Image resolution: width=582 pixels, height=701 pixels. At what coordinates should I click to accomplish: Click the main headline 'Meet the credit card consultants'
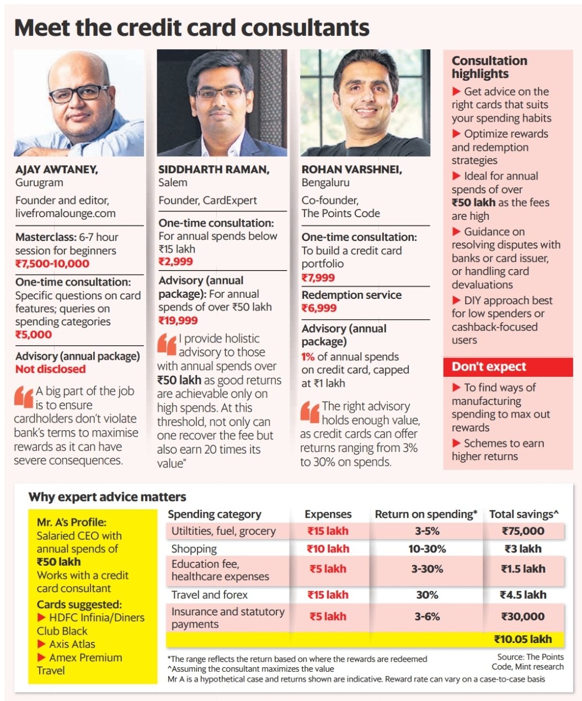click(191, 28)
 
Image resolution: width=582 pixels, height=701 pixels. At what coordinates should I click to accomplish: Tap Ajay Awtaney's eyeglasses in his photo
click(78, 93)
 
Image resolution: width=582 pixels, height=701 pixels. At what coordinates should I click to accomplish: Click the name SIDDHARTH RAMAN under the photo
click(213, 169)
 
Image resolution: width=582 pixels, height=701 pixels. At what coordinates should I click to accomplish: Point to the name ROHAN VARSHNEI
click(351, 169)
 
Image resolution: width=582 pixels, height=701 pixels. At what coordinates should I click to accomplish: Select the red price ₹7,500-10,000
click(52, 263)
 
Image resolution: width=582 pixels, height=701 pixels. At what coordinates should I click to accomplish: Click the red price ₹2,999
click(175, 262)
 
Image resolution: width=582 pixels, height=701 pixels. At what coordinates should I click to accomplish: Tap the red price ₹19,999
click(178, 320)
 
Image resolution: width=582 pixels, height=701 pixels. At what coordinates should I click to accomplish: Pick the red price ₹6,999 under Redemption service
click(319, 308)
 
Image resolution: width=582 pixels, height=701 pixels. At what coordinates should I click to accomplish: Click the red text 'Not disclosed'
click(50, 369)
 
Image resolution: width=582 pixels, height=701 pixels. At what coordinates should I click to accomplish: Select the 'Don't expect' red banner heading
click(489, 367)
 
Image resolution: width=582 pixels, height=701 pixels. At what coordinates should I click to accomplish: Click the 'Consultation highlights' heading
click(489, 67)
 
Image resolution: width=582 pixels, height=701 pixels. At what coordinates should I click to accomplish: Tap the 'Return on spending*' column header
click(426, 514)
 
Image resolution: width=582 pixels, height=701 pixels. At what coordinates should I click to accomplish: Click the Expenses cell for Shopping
click(328, 549)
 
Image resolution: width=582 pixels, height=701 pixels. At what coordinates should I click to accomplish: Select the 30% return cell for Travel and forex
click(427, 595)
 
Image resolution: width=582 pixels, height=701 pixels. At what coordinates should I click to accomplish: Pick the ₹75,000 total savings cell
click(523, 531)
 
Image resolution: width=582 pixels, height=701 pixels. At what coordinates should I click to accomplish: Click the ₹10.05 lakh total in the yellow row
click(523, 639)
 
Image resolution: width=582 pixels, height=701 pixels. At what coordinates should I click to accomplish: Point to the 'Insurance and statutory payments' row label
click(227, 618)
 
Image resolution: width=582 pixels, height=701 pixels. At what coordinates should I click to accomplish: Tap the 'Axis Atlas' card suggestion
click(72, 644)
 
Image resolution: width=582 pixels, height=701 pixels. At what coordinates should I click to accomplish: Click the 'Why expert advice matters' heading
click(107, 497)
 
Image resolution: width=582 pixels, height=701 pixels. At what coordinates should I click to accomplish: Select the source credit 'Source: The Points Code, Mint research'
click(527, 662)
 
